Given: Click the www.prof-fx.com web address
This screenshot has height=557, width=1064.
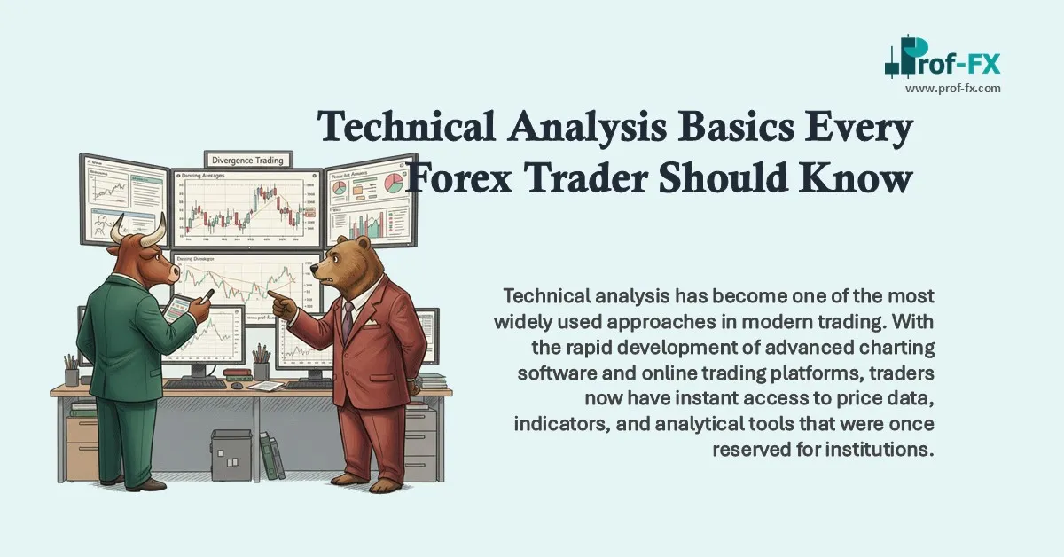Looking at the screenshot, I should (952, 88).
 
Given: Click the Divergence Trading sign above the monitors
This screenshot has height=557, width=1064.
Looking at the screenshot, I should (249, 160).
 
